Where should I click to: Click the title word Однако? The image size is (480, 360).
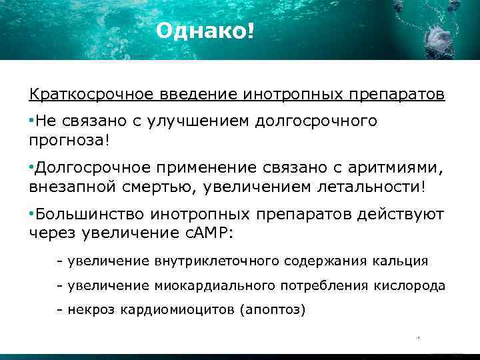pos(205,31)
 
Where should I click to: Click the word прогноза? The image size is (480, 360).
pos(69,141)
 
